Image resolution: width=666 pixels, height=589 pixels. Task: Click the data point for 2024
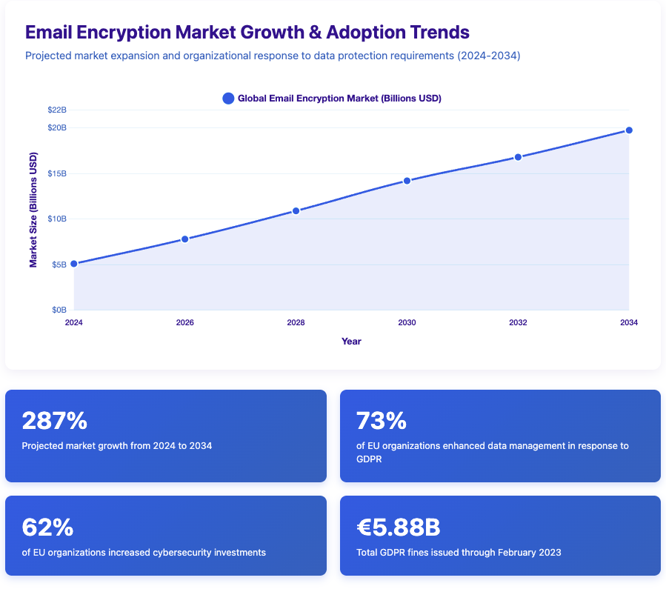click(x=73, y=264)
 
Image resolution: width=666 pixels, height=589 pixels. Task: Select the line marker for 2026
click(x=184, y=239)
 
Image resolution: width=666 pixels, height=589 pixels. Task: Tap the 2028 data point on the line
click(x=296, y=211)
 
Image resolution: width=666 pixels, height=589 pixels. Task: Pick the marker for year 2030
click(x=407, y=181)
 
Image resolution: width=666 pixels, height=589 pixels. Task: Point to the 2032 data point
click(x=518, y=157)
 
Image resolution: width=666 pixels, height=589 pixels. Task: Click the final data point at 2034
click(x=629, y=130)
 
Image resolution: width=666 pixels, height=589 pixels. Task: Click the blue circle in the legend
click(x=228, y=99)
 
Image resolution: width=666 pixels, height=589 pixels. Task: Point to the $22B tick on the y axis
click(x=57, y=110)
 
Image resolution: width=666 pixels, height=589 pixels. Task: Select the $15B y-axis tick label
click(x=57, y=173)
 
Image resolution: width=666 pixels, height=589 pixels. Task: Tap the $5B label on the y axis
click(x=59, y=264)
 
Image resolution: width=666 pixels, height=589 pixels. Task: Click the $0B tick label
click(x=59, y=310)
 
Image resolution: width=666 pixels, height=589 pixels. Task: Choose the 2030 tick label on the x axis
click(x=407, y=323)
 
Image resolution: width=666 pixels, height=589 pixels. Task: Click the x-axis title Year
click(x=351, y=342)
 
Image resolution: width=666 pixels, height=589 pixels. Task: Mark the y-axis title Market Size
click(x=33, y=210)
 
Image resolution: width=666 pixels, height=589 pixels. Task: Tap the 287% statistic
click(x=55, y=421)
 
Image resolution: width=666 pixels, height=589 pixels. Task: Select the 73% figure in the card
click(x=382, y=421)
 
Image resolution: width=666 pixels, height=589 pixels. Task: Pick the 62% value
click(x=47, y=528)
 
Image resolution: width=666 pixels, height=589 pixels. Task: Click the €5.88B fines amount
click(x=398, y=528)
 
